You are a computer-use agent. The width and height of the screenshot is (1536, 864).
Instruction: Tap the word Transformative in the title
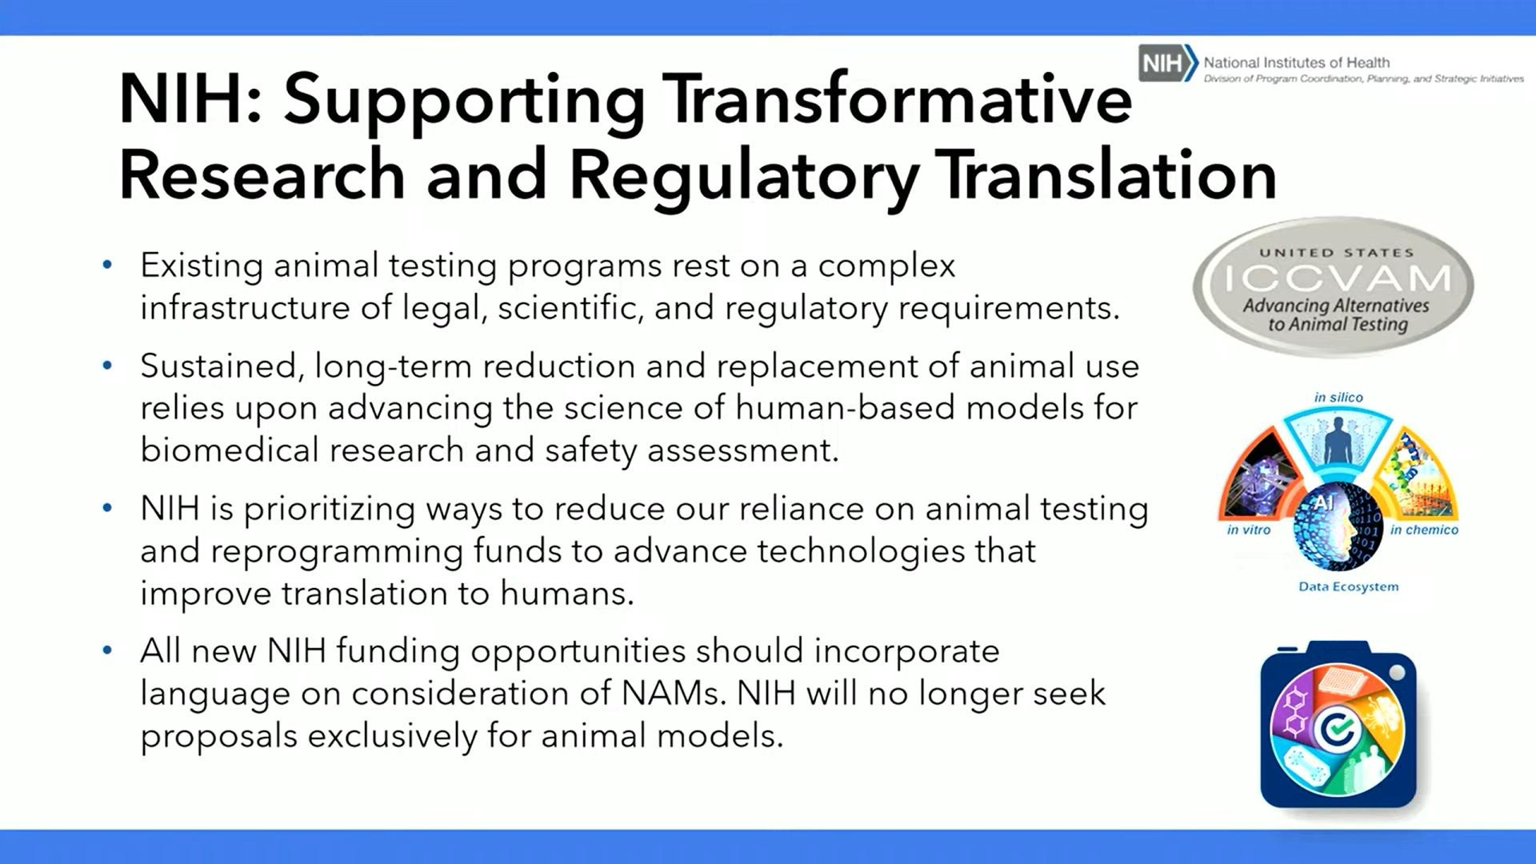(902, 99)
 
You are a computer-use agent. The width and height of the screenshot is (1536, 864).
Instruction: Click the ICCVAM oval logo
(1334, 287)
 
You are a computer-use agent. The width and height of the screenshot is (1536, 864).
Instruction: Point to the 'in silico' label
(1338, 398)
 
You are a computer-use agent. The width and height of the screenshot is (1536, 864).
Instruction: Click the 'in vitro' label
(1249, 530)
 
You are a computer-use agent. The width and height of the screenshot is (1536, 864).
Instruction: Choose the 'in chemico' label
(1424, 530)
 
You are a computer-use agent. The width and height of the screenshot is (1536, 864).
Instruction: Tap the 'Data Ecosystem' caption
(1349, 586)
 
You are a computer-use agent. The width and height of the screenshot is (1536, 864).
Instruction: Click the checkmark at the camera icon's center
(1338, 729)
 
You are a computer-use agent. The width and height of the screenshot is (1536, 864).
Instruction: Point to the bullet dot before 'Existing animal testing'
(107, 265)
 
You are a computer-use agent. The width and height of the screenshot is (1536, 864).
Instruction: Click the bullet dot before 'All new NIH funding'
(107, 650)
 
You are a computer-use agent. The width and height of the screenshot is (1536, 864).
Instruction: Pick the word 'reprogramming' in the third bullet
(337, 552)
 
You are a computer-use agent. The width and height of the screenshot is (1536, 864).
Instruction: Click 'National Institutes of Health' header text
(1297, 62)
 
